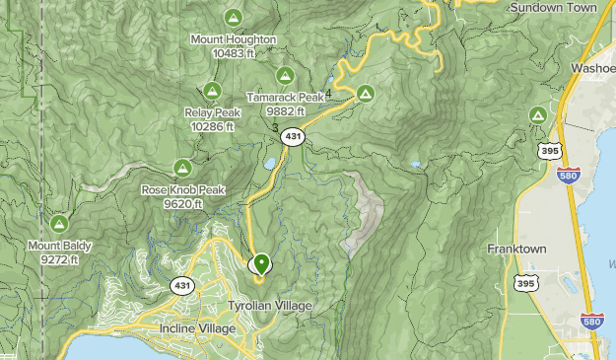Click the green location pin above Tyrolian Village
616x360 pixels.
point(261,264)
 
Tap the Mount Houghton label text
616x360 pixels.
point(234,39)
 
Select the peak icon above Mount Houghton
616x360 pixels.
point(234,17)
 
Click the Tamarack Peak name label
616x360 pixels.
point(285,99)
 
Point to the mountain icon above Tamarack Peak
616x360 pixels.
point(285,76)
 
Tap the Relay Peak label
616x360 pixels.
point(211,112)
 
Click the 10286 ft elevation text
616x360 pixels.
point(211,126)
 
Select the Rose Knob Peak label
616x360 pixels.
point(182,190)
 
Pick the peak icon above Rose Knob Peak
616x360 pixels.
point(182,168)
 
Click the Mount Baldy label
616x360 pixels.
point(59,246)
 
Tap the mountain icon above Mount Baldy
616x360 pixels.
point(59,223)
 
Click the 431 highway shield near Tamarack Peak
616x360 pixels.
point(291,138)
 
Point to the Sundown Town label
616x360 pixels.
point(554,7)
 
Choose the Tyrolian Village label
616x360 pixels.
point(270,306)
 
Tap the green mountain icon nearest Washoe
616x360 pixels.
point(538,115)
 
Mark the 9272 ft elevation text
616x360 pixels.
point(59,259)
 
